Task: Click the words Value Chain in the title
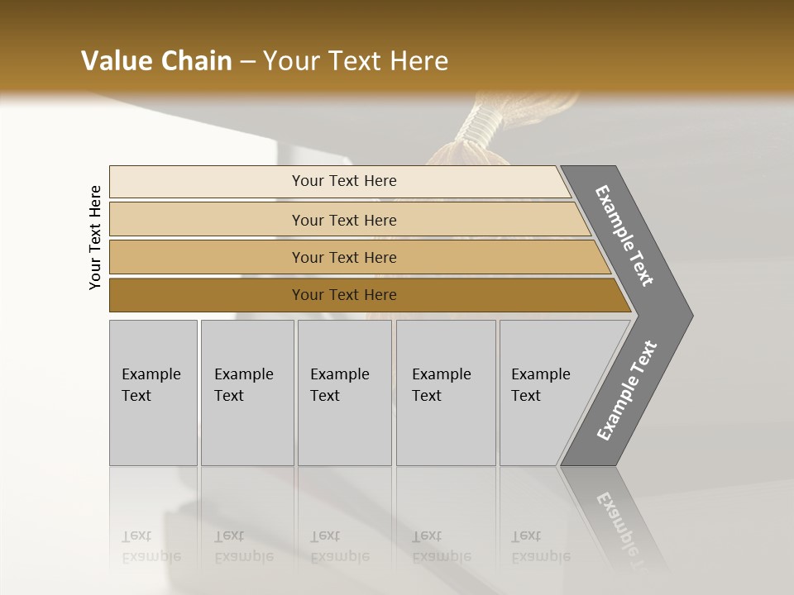(156, 61)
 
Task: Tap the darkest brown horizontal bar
(207, 295)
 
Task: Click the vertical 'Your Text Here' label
(95, 238)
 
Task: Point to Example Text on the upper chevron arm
(624, 236)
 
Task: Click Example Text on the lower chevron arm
(627, 390)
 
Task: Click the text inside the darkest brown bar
(344, 295)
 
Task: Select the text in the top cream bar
(344, 181)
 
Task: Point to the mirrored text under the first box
(151, 546)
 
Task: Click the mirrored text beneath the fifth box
(540, 546)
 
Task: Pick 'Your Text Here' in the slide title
(356, 61)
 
